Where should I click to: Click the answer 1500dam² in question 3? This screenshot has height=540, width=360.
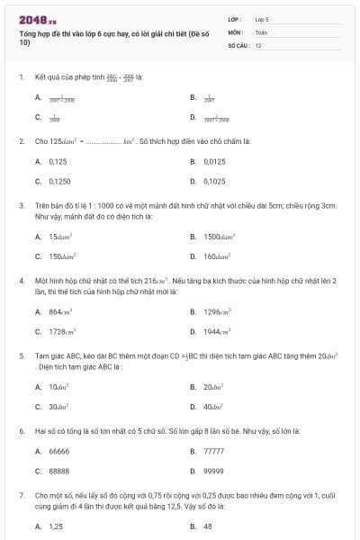(x=219, y=237)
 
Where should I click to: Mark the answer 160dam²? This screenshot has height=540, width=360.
(x=217, y=256)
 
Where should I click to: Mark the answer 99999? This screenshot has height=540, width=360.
(x=214, y=471)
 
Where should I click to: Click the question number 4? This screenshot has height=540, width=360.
(x=22, y=281)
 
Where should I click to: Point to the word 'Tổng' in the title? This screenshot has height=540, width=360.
(x=28, y=32)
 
